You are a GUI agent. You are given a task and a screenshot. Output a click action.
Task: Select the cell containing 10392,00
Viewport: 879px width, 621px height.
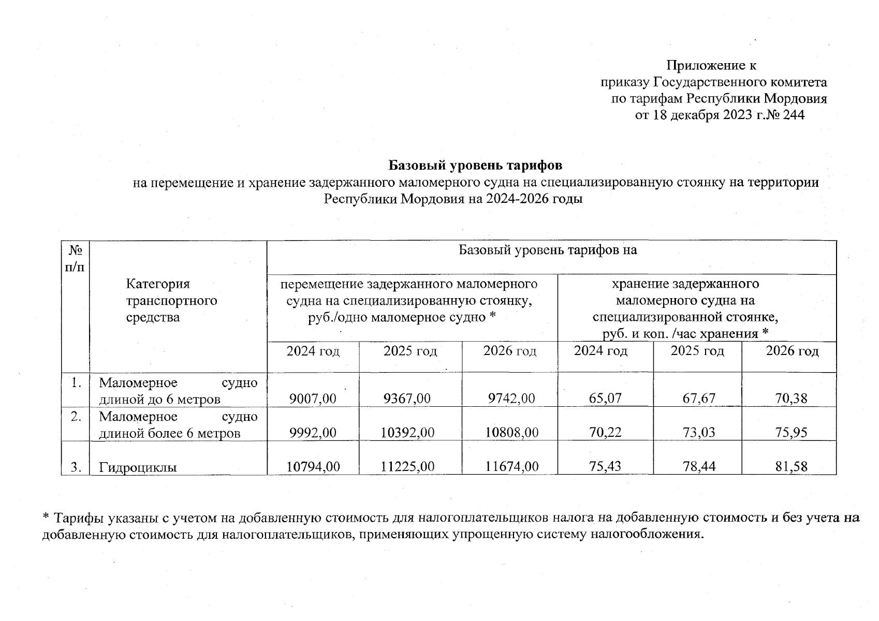(407, 433)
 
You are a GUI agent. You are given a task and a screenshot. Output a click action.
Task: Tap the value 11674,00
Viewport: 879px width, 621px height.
(512, 467)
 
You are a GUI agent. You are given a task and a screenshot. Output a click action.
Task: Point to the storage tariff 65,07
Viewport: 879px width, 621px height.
(605, 398)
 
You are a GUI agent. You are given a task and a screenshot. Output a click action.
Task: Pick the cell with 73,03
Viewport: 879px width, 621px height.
(698, 433)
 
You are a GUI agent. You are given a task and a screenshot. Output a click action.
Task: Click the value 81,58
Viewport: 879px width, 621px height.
(791, 467)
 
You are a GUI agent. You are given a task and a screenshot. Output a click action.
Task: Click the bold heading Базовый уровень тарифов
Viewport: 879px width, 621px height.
(475, 166)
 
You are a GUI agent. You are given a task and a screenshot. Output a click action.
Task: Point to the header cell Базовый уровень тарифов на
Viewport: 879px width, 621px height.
(548, 250)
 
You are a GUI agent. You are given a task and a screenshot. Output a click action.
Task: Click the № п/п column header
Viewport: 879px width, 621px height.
(76, 259)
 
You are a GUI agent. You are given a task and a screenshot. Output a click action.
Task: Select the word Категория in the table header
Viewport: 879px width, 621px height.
(158, 284)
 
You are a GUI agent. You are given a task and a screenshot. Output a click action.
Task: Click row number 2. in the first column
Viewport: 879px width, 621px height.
(76, 417)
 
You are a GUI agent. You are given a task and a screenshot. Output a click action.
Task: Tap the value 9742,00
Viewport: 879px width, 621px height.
(511, 398)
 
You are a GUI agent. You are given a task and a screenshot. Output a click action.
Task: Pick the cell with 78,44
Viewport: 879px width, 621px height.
(698, 467)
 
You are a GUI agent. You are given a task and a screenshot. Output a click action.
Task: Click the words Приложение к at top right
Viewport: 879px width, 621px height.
(711, 66)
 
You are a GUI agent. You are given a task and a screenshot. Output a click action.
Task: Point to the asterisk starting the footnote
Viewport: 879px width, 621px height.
(46, 517)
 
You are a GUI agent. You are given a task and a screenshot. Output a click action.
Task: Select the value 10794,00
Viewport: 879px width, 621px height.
(313, 467)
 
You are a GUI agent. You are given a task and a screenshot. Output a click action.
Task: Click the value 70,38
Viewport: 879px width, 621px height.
(791, 398)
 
